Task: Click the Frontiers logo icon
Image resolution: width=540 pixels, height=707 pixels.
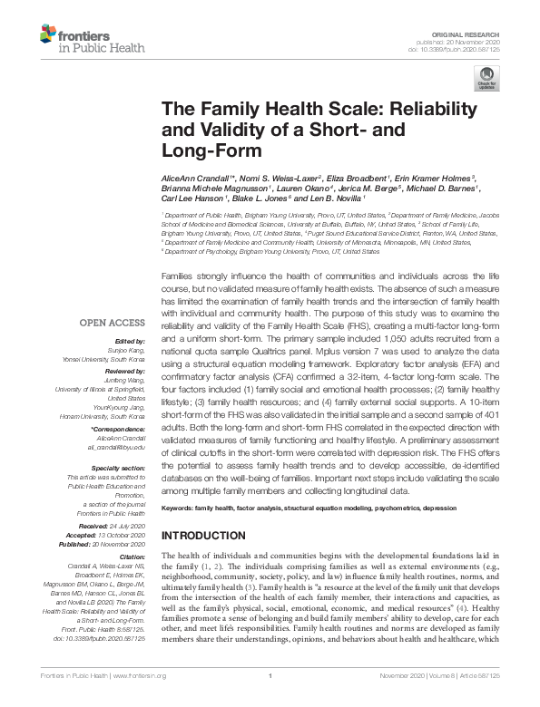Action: (x=47, y=37)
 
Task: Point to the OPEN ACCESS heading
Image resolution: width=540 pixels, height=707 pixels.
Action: (x=111, y=323)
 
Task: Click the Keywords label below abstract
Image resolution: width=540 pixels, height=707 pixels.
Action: (x=180, y=510)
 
